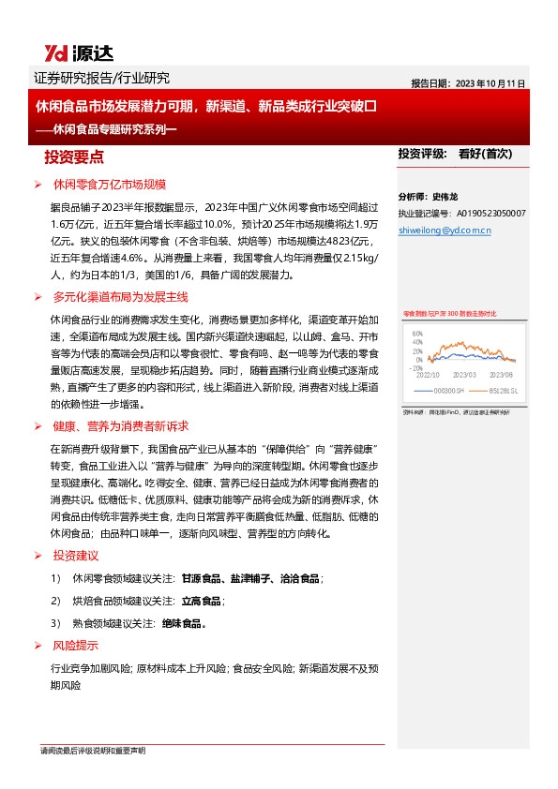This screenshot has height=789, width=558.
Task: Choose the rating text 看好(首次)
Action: [485, 153]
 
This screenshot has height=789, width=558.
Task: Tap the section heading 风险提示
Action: [75, 646]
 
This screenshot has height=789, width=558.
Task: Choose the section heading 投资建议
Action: [75, 556]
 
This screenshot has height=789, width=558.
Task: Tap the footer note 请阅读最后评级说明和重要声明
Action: [93, 751]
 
